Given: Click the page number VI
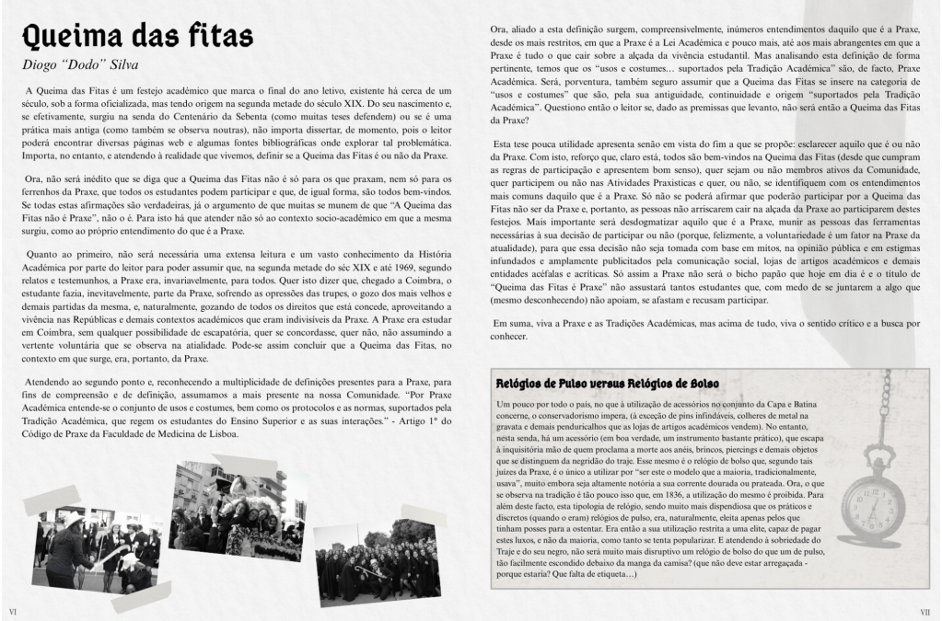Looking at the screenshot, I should coord(13,610).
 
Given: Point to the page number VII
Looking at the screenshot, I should coord(925,610).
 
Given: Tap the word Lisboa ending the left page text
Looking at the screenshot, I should coord(222,433).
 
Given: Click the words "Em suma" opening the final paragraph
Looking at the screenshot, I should coord(512,323).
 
